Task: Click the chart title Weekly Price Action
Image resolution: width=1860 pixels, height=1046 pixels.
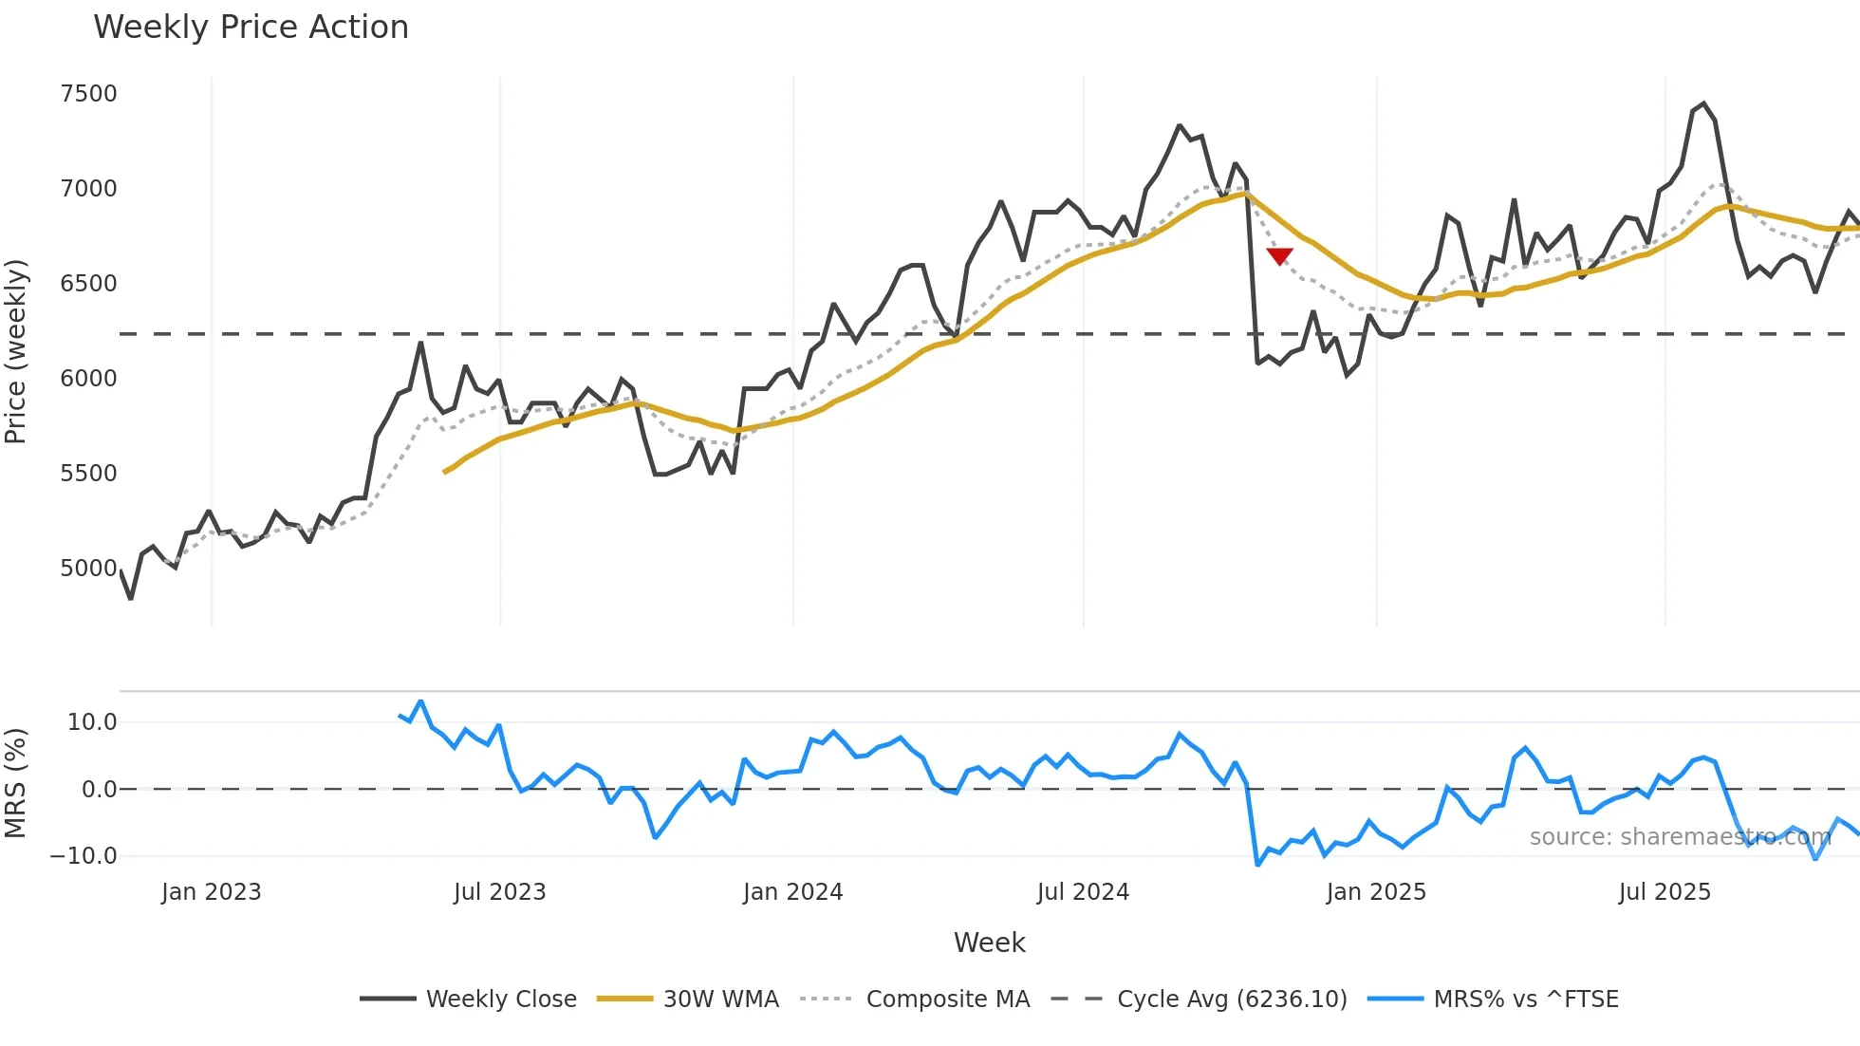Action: tap(251, 28)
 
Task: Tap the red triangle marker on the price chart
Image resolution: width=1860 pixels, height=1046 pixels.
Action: tap(1279, 256)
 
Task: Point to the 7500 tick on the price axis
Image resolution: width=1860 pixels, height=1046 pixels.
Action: tap(88, 94)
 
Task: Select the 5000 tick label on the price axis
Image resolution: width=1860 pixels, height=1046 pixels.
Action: tap(88, 569)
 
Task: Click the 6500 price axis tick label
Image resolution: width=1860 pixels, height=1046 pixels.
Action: tap(88, 284)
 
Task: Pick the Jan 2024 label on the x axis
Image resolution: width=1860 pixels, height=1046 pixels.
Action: tap(792, 892)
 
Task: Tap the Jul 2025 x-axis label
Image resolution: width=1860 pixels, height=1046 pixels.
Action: tap(1665, 892)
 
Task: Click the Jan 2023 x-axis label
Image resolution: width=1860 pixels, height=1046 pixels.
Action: tap(211, 892)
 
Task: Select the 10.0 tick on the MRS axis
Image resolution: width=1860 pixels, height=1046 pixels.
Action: tap(92, 722)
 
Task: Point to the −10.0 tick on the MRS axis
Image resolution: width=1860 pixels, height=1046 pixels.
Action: tap(84, 856)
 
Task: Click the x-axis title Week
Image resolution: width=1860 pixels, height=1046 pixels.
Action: tap(989, 943)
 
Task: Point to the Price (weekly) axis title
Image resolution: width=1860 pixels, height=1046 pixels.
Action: tap(15, 351)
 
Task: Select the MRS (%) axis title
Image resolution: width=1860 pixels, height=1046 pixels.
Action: tap(15, 783)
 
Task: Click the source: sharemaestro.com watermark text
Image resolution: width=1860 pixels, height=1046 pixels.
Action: tap(1680, 837)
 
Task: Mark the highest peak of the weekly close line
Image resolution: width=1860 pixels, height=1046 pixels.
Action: tap(1703, 103)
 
